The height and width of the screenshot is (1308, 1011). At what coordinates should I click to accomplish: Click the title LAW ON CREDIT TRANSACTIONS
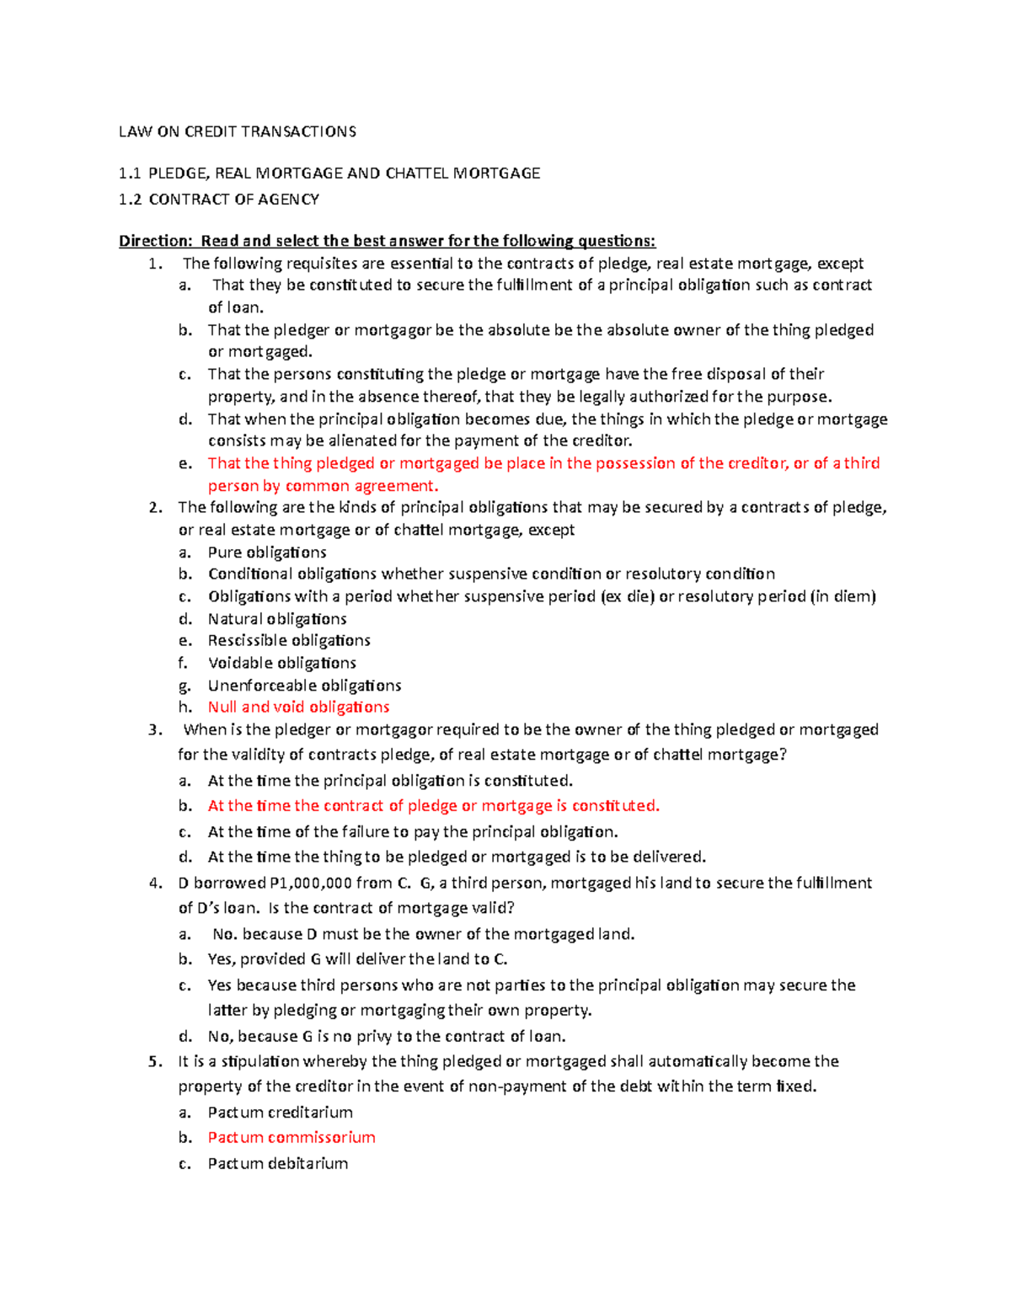pyautogui.click(x=237, y=131)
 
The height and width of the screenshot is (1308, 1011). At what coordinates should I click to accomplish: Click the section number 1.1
pyautogui.click(x=129, y=174)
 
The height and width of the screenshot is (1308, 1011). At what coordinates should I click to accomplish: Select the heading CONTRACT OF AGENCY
pyautogui.click(x=233, y=200)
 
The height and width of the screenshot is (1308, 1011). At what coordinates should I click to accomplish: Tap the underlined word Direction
pyautogui.click(x=155, y=241)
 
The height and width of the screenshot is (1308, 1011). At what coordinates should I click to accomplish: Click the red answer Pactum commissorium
pyautogui.click(x=292, y=1137)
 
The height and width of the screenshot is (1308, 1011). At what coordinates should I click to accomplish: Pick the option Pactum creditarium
pyautogui.click(x=280, y=1112)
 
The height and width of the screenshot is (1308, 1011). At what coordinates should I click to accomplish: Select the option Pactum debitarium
pyautogui.click(x=277, y=1163)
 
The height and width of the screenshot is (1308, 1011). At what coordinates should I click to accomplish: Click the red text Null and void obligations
pyautogui.click(x=298, y=707)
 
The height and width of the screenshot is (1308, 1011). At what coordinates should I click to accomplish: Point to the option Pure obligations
pyautogui.click(x=267, y=553)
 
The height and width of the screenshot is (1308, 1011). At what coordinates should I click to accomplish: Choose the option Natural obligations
pyautogui.click(x=277, y=618)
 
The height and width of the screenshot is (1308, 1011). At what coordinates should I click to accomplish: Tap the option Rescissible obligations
pyautogui.click(x=289, y=640)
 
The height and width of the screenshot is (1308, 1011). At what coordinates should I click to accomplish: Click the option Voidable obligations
pyautogui.click(x=281, y=663)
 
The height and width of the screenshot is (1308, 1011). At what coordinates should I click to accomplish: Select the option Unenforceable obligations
pyautogui.click(x=304, y=686)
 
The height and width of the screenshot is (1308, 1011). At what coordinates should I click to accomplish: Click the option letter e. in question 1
pyautogui.click(x=185, y=463)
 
